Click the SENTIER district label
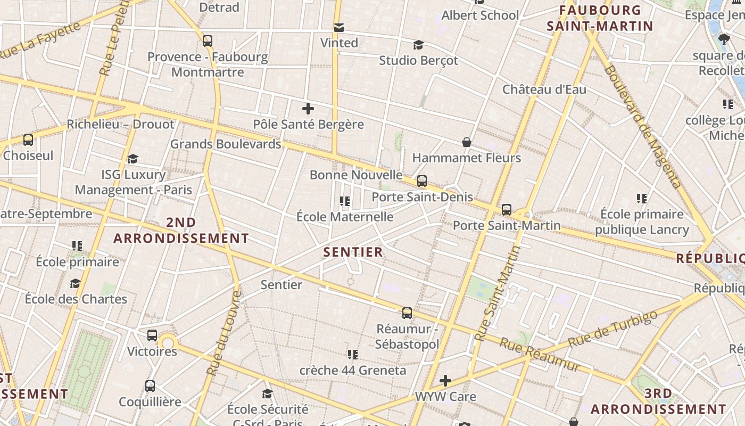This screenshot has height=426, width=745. pos(353,252)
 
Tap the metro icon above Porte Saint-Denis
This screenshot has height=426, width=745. pos(422,181)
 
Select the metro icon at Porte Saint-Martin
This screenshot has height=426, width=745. pos(507,210)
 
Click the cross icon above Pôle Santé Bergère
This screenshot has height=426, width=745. pos(308,109)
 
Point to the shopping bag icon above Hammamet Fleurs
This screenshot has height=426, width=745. pos(467,142)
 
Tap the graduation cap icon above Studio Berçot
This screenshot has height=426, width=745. pos(419,45)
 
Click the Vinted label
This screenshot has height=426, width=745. pos(339,43)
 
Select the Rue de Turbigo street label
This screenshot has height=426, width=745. pos(612,330)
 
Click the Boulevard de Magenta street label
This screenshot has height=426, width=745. pos(642,127)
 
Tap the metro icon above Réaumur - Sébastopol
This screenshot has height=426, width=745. pos(407,313)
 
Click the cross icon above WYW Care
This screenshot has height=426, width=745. pos(445,381)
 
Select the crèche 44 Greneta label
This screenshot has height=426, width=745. pos(353,370)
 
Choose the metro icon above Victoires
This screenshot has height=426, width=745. pos(152,335)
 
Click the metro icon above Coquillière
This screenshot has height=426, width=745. pos(150,386)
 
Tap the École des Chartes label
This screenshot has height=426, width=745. pos(76,299)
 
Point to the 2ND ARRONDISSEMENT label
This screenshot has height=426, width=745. pos(181,230)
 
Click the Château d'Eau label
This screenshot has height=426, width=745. pos(544,89)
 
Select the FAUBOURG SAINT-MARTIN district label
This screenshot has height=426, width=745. pos(600,18)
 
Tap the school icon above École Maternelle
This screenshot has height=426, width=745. pos(345,201)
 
